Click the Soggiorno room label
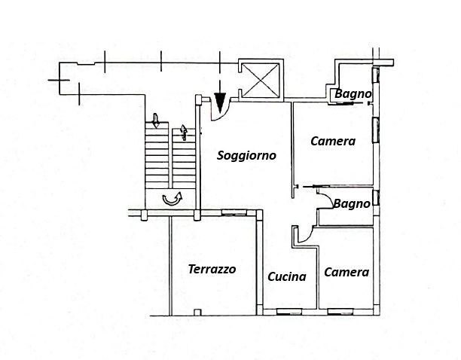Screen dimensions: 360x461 (246, 156)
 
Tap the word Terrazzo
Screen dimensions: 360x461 (212, 269)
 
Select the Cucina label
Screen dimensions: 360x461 (287, 276)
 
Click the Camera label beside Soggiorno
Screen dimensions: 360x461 (332, 141)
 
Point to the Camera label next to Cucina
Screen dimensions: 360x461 (347, 272)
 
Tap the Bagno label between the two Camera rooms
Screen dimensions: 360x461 (351, 203)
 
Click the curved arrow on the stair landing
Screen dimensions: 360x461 (172, 198)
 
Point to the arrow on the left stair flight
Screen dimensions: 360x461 (155, 120)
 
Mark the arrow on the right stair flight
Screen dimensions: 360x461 (183, 133)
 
